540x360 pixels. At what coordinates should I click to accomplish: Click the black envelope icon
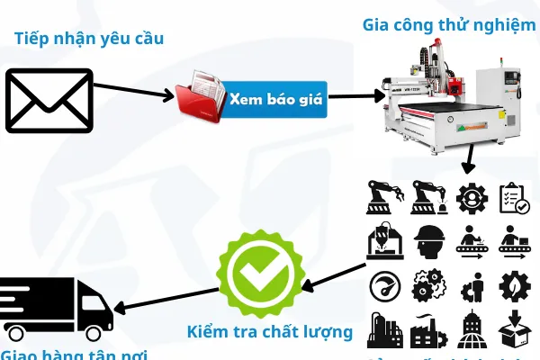tap(49, 101)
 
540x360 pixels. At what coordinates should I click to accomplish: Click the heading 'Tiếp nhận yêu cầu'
tap(89, 38)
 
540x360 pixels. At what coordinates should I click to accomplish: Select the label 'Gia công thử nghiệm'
tap(449, 23)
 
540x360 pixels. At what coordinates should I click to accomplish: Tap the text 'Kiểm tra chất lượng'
tap(269, 331)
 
